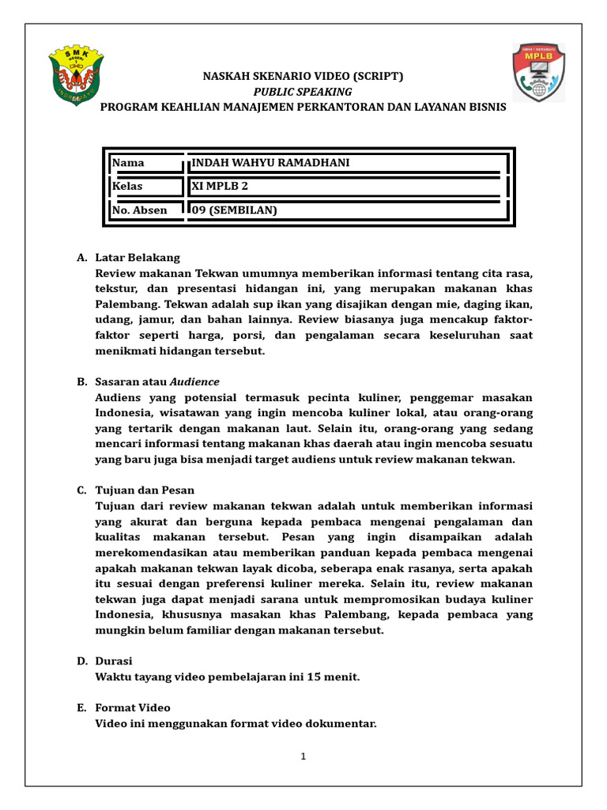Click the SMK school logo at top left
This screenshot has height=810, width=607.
[x=77, y=75]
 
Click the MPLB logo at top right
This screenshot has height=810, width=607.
[x=538, y=73]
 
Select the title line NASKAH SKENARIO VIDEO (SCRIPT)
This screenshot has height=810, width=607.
[x=303, y=77]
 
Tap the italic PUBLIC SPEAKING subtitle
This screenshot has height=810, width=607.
[x=303, y=92]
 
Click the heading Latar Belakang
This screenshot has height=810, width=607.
[x=138, y=258]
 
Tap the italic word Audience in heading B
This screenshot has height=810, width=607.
[x=194, y=382]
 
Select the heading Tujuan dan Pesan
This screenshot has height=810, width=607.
[x=145, y=490]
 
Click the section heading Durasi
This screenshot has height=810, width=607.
[x=114, y=660]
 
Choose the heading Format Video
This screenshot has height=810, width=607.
[x=133, y=708]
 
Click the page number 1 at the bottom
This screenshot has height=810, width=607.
[x=303, y=756]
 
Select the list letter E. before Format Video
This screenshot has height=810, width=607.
[x=81, y=708]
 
